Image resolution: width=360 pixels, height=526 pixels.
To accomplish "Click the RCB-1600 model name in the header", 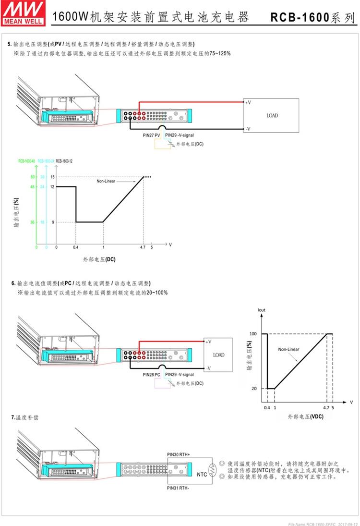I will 300,18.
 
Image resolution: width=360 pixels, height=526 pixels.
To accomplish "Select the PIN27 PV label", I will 152,136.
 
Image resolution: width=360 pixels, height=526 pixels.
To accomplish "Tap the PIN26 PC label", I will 152,375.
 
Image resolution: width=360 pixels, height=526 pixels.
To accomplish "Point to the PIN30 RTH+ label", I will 179,453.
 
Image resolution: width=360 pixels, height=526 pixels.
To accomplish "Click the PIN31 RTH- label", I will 178,488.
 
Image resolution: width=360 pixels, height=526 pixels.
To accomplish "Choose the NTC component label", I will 203,475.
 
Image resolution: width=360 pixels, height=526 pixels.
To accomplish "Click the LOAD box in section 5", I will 272,116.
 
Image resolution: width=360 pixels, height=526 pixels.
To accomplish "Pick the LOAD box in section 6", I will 218,355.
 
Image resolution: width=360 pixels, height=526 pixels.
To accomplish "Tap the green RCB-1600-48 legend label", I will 26,161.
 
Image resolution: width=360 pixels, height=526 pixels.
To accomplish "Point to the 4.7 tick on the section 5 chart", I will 143,247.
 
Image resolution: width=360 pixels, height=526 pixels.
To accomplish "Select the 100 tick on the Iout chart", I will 253,333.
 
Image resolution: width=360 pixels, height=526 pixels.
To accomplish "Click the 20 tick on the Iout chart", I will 254,388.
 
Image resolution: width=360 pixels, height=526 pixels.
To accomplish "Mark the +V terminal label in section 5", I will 248,102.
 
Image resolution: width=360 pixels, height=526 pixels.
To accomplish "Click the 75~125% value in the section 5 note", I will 218,53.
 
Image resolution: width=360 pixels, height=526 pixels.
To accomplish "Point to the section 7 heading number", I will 13,417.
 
